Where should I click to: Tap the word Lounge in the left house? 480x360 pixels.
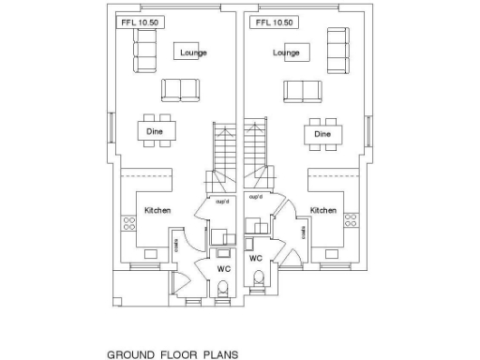point(193,52)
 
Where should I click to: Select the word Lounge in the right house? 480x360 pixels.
point(286,52)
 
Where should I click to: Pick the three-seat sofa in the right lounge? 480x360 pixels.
point(337,52)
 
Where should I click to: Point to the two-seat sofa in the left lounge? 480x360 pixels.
point(181,90)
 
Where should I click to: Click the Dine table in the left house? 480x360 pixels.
point(156,132)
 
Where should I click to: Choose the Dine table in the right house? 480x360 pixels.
point(322,133)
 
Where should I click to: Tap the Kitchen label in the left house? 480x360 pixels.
point(157,211)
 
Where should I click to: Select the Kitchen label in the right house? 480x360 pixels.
point(323,211)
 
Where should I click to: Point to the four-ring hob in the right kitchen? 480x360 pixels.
point(352,221)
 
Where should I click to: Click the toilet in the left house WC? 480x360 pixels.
point(222,293)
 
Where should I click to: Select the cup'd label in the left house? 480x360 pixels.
point(222,202)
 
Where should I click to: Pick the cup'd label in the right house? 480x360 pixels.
point(255,197)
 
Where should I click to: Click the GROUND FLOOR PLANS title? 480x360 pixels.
point(165,354)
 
